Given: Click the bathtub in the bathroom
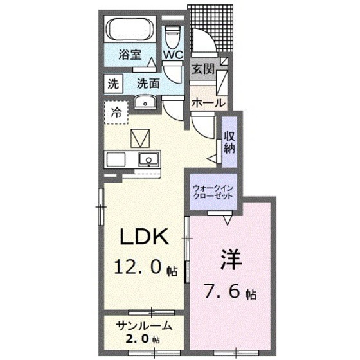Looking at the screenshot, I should (x=130, y=31).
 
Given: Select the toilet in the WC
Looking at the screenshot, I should (x=173, y=35).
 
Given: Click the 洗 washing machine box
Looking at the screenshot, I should (x=114, y=83).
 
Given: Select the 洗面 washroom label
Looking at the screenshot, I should (x=148, y=83).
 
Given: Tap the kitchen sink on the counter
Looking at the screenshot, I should (x=152, y=159).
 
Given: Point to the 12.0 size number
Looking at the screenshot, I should (x=140, y=267).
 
